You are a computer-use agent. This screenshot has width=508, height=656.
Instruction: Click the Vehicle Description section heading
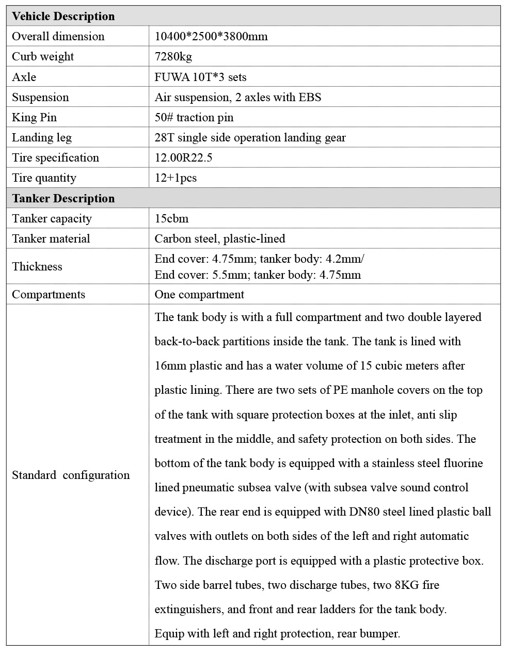[63, 16]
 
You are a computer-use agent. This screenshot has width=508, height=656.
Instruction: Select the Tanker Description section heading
[63, 198]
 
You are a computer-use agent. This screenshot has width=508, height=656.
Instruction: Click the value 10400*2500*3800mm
[211, 36]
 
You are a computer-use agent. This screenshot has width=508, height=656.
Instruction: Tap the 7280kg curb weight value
[173, 57]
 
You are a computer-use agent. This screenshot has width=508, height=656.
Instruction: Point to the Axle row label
[24, 77]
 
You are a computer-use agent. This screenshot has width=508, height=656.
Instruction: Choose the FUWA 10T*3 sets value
[200, 77]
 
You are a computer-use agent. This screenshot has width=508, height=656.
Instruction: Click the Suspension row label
[40, 97]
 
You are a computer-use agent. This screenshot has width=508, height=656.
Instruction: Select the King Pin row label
[34, 117]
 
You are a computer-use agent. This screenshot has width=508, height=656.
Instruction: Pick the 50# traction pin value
[194, 117]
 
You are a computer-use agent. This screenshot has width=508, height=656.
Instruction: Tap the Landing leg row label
[42, 137]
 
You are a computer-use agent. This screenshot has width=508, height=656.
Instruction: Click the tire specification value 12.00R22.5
[183, 157]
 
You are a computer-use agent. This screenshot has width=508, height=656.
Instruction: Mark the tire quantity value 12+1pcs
[176, 178]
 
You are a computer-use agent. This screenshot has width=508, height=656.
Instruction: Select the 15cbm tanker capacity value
[171, 218]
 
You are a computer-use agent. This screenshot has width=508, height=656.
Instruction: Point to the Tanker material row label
[51, 238]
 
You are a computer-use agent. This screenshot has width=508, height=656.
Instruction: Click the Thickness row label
[37, 266]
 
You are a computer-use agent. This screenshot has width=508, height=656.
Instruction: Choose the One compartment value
[199, 294]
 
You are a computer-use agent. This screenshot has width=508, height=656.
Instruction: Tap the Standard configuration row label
[71, 475]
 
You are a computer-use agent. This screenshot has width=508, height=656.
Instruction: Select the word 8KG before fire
[405, 585]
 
